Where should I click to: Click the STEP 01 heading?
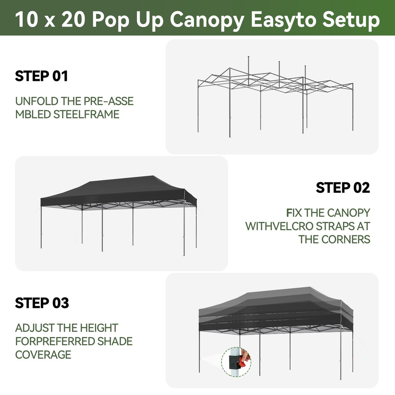42,76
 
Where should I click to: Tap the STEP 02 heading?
343,188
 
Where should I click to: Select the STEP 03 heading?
42,303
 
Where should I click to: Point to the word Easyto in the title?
284,20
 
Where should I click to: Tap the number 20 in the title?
73,19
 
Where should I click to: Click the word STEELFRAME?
86,114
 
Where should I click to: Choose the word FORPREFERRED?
55,341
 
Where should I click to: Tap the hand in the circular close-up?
246,355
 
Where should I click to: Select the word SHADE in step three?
115,341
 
